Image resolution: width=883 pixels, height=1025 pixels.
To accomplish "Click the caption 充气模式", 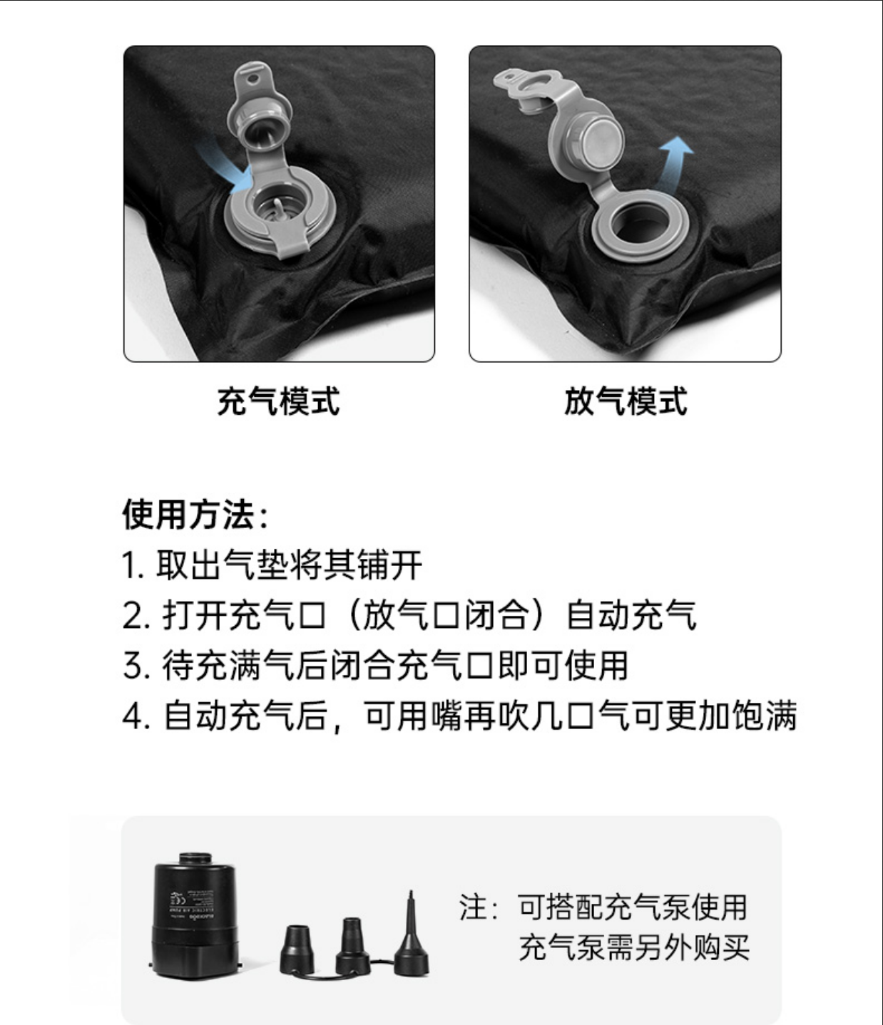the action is pos(278,401).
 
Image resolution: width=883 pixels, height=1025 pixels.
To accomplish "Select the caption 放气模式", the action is pos(626,401).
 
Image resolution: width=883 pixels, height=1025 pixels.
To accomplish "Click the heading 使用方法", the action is pos(188,514).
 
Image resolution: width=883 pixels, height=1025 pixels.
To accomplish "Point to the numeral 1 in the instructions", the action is pos(130,566).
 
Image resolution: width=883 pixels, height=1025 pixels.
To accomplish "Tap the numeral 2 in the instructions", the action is pos(133,616).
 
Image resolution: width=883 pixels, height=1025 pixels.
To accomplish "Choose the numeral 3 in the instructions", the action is pos(133,666).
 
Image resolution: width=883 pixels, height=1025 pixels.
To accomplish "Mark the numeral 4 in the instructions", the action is pos(133,716).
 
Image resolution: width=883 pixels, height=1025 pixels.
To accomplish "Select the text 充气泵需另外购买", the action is pos(634,947).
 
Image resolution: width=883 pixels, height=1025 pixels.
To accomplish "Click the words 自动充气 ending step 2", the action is pos(632,616).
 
